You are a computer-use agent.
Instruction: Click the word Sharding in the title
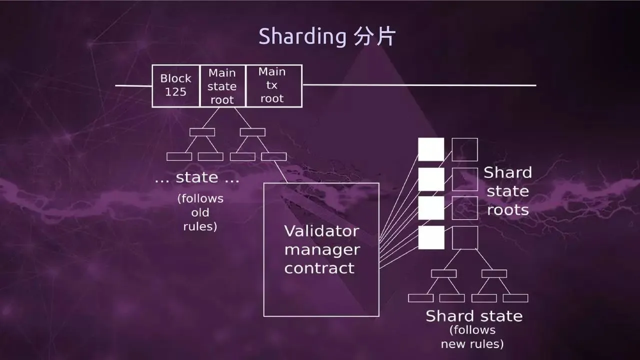302,37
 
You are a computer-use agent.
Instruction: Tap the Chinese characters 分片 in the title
375,36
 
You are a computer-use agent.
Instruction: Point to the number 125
175,91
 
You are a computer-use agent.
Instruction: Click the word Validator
321,231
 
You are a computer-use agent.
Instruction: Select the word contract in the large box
319,268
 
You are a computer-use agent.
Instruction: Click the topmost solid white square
431,149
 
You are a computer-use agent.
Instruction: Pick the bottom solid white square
431,237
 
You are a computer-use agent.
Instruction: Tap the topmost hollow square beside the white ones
465,138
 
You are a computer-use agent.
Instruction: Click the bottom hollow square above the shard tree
465,226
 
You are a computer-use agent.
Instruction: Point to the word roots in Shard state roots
507,210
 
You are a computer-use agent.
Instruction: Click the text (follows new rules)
472,337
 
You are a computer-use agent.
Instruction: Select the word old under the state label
200,212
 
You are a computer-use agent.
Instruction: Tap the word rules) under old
200,226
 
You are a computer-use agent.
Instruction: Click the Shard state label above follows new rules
474,316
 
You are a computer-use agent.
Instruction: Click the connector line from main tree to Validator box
281,171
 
